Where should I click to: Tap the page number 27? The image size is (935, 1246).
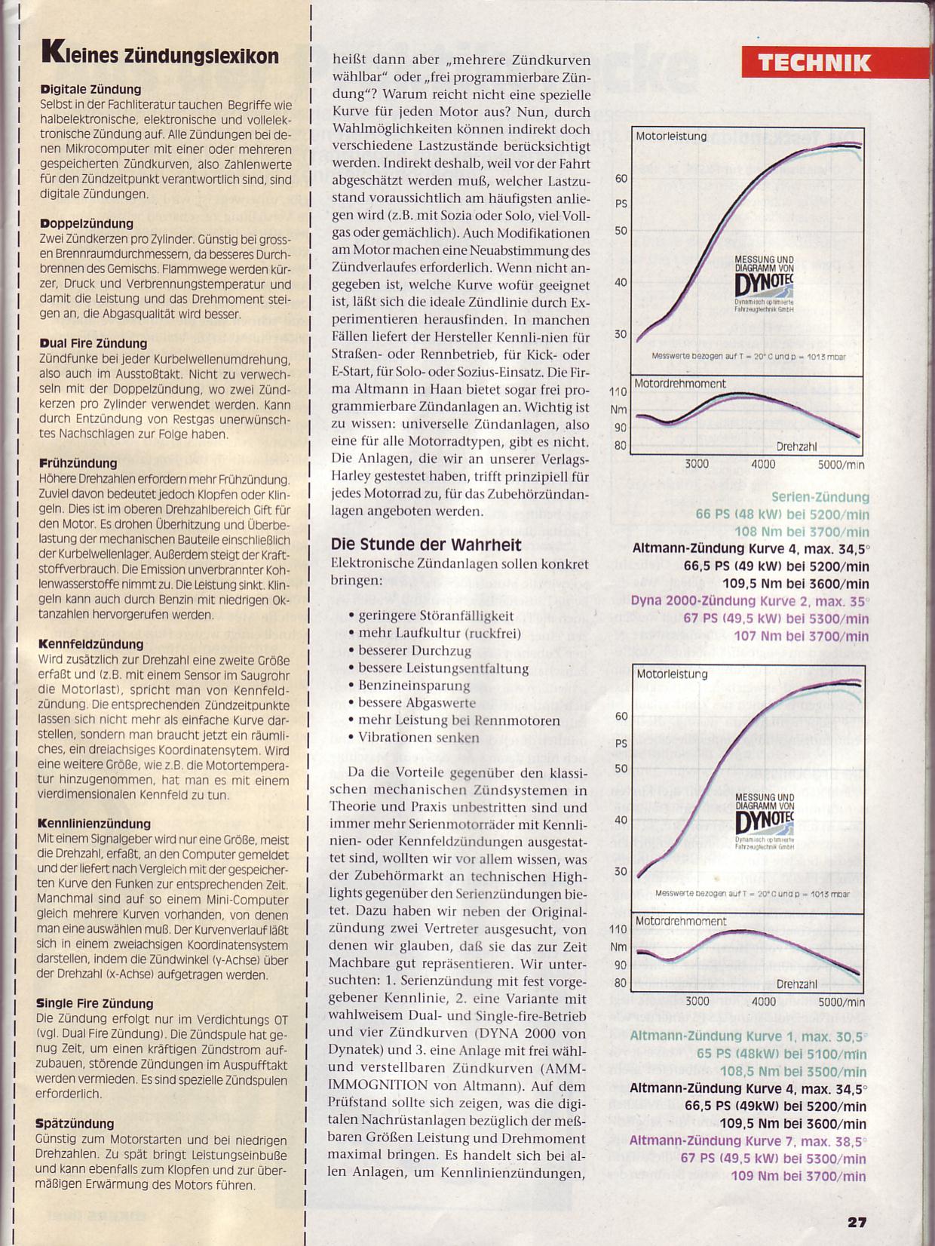coord(857,1223)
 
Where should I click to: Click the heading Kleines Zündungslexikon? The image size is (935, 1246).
coord(161,54)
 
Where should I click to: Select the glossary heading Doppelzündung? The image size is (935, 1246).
coord(87,224)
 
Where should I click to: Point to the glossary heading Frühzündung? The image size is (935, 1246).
coord(78,463)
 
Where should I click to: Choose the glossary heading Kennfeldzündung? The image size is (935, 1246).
coord(90,644)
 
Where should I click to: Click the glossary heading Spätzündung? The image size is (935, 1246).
coord(75,1124)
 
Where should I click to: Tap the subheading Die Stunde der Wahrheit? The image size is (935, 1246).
coord(426,545)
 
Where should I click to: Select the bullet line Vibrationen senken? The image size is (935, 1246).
coord(418,738)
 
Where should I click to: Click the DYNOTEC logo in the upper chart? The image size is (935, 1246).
coord(764,285)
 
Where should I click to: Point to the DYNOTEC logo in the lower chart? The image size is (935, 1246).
coord(764,821)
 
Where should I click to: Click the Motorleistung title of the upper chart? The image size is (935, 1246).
coord(671,137)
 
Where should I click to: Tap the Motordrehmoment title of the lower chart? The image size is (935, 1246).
coord(680,922)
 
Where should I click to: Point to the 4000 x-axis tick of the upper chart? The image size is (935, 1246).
coord(763,465)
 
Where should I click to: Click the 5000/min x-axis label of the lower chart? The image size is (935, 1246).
coord(841,1002)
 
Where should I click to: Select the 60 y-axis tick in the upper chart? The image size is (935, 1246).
coord(621,179)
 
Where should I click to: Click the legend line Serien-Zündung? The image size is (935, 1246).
coord(820,497)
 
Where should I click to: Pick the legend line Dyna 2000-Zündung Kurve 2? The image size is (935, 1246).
coord(750,601)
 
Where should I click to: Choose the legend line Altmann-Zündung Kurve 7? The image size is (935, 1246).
coord(748,1141)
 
